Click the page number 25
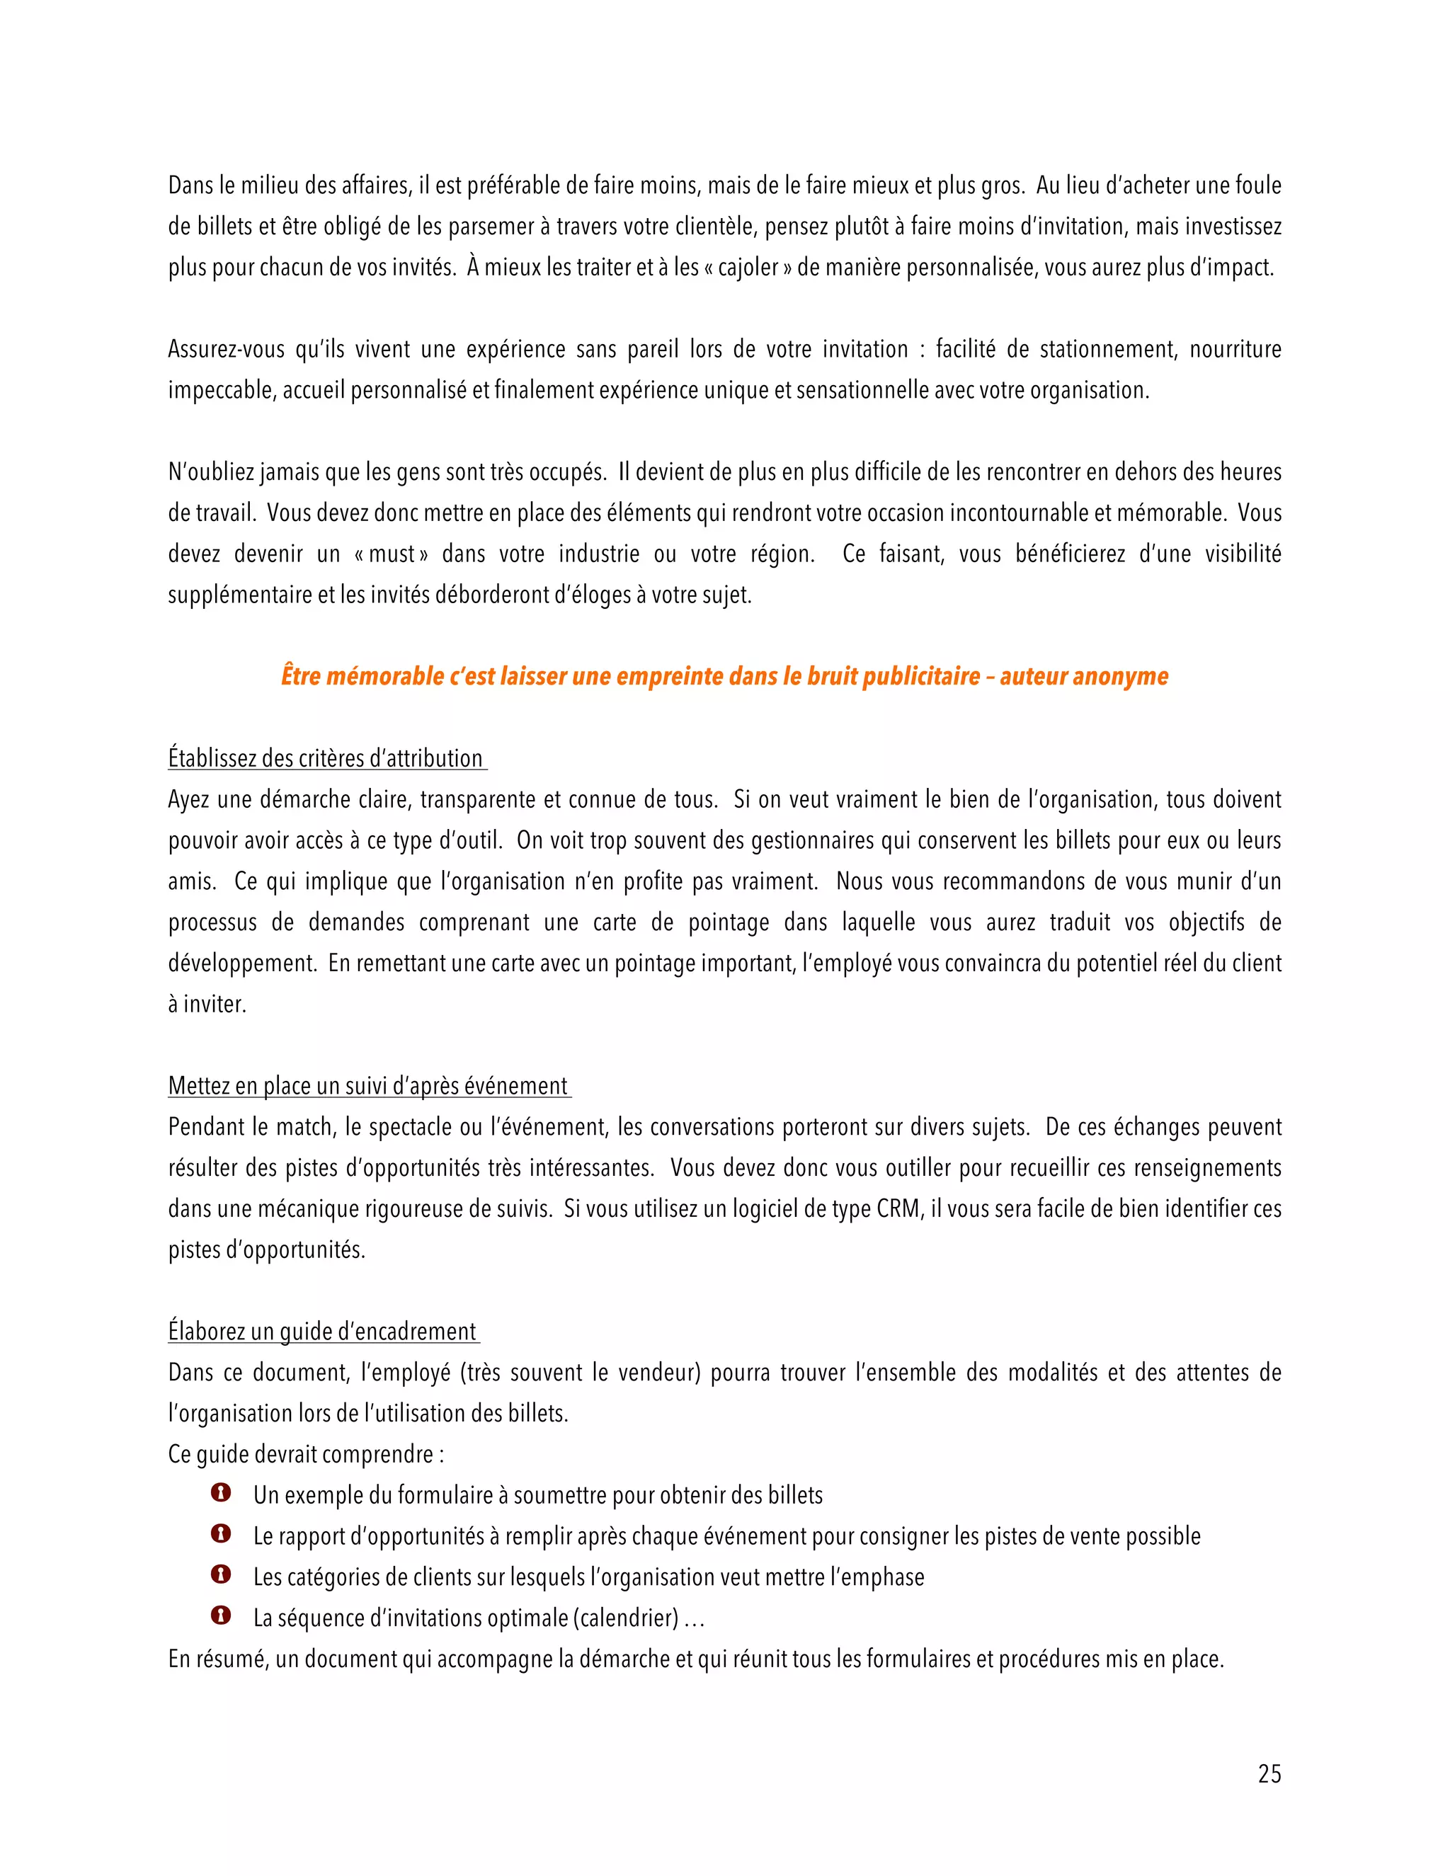[x=1269, y=1774]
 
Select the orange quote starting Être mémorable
[x=724, y=677]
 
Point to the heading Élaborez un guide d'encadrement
[x=322, y=1332]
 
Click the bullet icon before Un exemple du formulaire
[x=221, y=1493]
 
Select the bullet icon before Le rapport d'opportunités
[x=221, y=1534]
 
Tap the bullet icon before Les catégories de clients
[x=221, y=1574]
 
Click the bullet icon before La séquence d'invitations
[x=221, y=1615]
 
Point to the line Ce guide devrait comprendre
[x=306, y=1455]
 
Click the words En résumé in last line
[x=218, y=1659]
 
